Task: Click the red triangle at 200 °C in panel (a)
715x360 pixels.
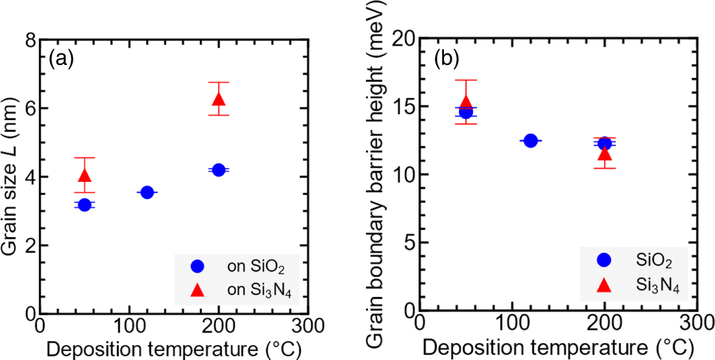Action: pos(218,99)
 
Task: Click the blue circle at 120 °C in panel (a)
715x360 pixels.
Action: pos(147,192)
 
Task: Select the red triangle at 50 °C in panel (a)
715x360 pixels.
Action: pos(84,175)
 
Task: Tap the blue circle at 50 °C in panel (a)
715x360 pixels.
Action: pos(84,205)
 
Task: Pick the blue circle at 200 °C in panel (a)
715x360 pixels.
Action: pos(218,170)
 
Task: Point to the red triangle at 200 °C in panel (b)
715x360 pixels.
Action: pos(604,154)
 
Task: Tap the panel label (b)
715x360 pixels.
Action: pos(447,57)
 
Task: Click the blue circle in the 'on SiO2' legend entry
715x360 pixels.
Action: pos(198,266)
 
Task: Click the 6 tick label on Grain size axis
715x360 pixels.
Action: pos(30,109)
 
